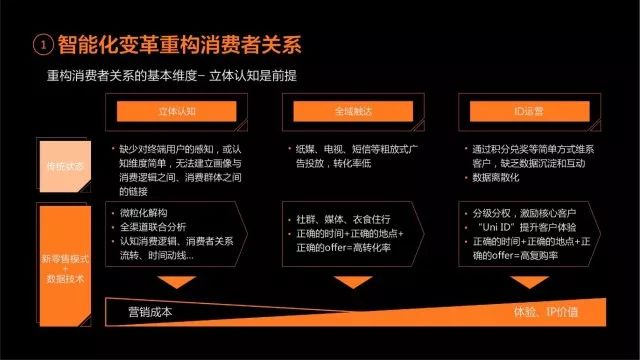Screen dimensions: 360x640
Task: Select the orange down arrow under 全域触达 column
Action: point(347,282)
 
